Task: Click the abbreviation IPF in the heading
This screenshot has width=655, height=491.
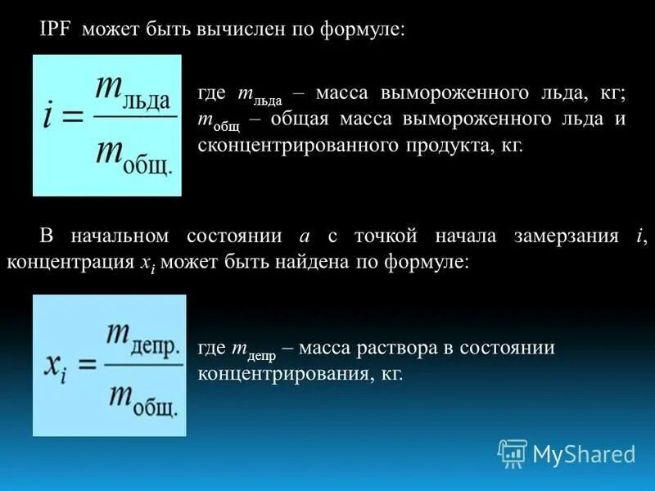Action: (56, 29)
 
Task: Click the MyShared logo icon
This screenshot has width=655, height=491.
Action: (513, 453)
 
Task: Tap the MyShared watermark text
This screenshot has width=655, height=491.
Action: (585, 454)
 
